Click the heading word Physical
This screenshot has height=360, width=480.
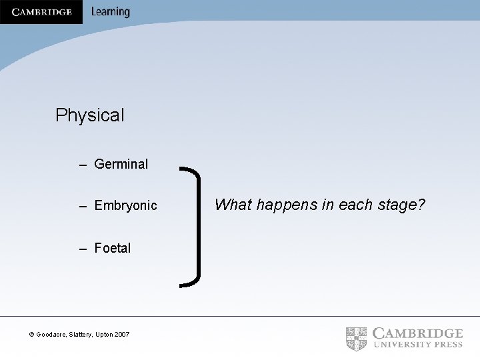pos(90,115)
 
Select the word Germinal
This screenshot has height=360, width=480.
pos(121,164)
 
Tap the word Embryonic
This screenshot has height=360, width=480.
pos(126,206)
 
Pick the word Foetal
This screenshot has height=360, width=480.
pos(113,248)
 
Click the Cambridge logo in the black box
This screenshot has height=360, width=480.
pos(41,12)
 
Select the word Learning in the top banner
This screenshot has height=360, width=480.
pos(110,12)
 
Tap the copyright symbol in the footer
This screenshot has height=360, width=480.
pos(31,334)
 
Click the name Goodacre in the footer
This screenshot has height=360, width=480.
pos(52,334)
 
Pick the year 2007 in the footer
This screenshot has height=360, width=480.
pos(121,334)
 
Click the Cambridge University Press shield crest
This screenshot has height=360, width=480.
pos(357,338)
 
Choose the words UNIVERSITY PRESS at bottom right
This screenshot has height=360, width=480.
pos(417,345)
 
